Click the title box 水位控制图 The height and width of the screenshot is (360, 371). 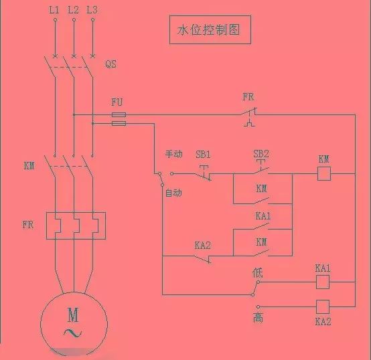pos(210,30)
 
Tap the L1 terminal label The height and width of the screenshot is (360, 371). pos(54,10)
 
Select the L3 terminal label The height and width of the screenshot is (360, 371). pos(92,10)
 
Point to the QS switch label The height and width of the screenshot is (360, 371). pos(110,64)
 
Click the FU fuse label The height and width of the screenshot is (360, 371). pos(117,102)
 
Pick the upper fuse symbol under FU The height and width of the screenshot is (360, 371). pos(119,115)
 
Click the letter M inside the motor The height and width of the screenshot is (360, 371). pos(73,314)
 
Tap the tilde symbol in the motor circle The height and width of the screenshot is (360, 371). pos(73,333)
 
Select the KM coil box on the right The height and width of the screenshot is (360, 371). pos(324,174)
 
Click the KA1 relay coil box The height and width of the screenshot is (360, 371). pos(323,282)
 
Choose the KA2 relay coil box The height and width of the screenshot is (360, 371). pos(323,307)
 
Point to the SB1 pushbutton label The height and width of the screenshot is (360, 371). pos(203,155)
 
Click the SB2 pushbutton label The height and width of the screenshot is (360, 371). pos(261,154)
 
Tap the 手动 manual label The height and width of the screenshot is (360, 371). pos(174,154)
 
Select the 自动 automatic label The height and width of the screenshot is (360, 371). pos(174,193)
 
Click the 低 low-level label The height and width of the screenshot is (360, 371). pos(257,273)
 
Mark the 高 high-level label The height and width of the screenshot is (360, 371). pos(258,317)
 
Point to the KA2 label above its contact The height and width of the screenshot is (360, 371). pos(203,246)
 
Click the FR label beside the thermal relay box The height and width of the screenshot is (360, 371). pos(28,225)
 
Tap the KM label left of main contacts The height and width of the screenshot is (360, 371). pos(29,166)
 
